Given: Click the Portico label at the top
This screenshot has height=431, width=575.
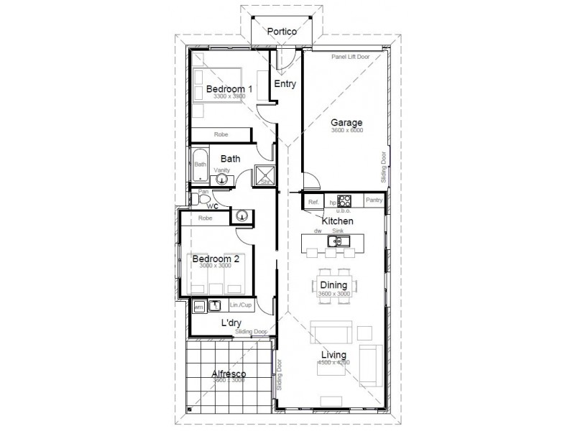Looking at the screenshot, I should coord(282,32).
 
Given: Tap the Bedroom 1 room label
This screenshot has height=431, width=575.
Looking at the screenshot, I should coord(229,89).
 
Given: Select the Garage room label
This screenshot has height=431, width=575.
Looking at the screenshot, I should coord(346,122).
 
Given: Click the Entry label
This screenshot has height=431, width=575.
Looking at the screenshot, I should coord(285,84).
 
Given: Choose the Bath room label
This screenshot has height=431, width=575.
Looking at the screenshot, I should coord(230,159).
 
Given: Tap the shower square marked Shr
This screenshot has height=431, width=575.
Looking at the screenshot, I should coord(264,175).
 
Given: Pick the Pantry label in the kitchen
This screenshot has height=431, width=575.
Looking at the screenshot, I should coord(374,201).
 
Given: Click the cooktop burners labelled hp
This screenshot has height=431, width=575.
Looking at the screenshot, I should coord(344,201).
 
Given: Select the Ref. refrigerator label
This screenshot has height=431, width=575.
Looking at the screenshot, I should coord(313,203).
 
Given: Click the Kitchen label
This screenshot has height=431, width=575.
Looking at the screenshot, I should coord(336,221).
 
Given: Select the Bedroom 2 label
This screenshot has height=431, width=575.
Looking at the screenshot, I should coord(216,259).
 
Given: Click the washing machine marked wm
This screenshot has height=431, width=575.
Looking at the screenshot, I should coord(198,307).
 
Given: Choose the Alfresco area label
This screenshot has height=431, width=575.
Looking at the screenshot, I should coord(229,374).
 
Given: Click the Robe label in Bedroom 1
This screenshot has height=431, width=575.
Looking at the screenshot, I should coord(221,134).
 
